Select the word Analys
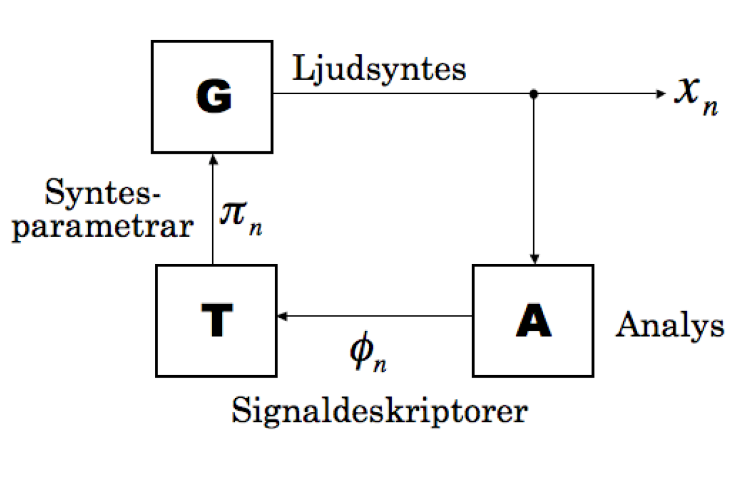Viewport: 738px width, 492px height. pyautogui.click(x=670, y=326)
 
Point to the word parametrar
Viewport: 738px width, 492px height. pyautogui.click(x=102, y=227)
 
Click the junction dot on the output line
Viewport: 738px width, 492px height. pyautogui.click(x=534, y=94)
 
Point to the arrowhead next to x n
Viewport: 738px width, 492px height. pyautogui.click(x=662, y=94)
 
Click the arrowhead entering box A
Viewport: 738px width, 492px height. pyautogui.click(x=534, y=258)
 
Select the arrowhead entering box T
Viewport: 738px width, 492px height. pyautogui.click(x=282, y=316)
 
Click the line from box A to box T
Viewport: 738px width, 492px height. pyautogui.click(x=375, y=316)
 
